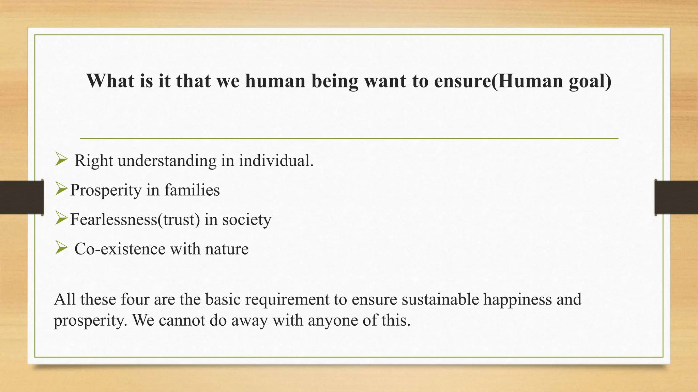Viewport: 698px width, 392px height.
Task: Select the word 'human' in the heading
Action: click(x=275, y=81)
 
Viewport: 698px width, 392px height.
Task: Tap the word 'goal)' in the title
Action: click(x=590, y=81)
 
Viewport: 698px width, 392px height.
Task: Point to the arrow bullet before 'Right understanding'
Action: click(x=61, y=159)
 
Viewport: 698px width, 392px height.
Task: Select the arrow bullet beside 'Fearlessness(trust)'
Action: click(x=61, y=218)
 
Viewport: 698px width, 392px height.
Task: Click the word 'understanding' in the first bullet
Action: click(x=167, y=161)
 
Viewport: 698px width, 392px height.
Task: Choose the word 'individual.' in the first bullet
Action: click(x=276, y=161)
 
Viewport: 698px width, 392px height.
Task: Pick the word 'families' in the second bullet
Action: click(x=192, y=190)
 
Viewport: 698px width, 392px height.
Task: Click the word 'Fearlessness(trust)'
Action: click(x=135, y=219)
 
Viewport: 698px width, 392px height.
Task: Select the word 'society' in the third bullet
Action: click(x=247, y=219)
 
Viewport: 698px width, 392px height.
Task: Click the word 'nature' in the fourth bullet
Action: click(x=227, y=249)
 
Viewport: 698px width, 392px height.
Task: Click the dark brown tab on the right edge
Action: click(x=676, y=197)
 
